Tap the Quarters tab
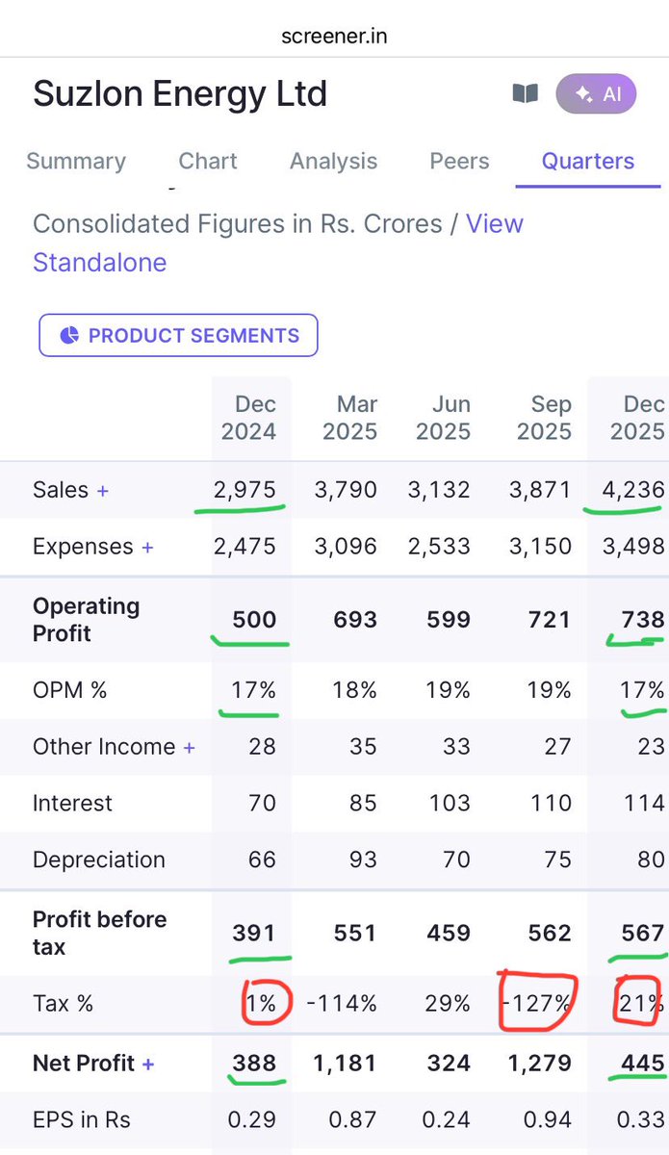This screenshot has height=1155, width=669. click(587, 162)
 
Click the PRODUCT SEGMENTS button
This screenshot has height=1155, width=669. click(178, 335)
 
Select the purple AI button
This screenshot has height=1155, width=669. click(596, 94)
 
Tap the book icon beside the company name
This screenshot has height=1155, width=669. click(525, 94)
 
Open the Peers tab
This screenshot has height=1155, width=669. click(459, 162)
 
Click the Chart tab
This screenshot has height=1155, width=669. click(208, 162)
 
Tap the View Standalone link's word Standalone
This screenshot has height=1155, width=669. click(100, 263)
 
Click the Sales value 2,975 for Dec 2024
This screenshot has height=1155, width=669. click(245, 490)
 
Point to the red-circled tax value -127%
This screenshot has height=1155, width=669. click(537, 1003)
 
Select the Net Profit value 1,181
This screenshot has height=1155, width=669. click(345, 1064)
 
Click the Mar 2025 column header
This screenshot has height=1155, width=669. click(350, 418)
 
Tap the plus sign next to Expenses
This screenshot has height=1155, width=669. click(147, 547)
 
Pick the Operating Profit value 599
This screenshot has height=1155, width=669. click(449, 620)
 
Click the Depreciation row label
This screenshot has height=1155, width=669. click(99, 860)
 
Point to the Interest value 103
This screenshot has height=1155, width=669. click(450, 803)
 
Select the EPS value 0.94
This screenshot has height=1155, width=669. click(548, 1119)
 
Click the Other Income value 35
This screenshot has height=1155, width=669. click(363, 747)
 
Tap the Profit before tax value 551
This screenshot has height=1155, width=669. click(355, 933)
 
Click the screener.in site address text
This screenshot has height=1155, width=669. click(334, 37)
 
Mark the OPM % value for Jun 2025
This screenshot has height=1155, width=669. click(448, 690)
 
